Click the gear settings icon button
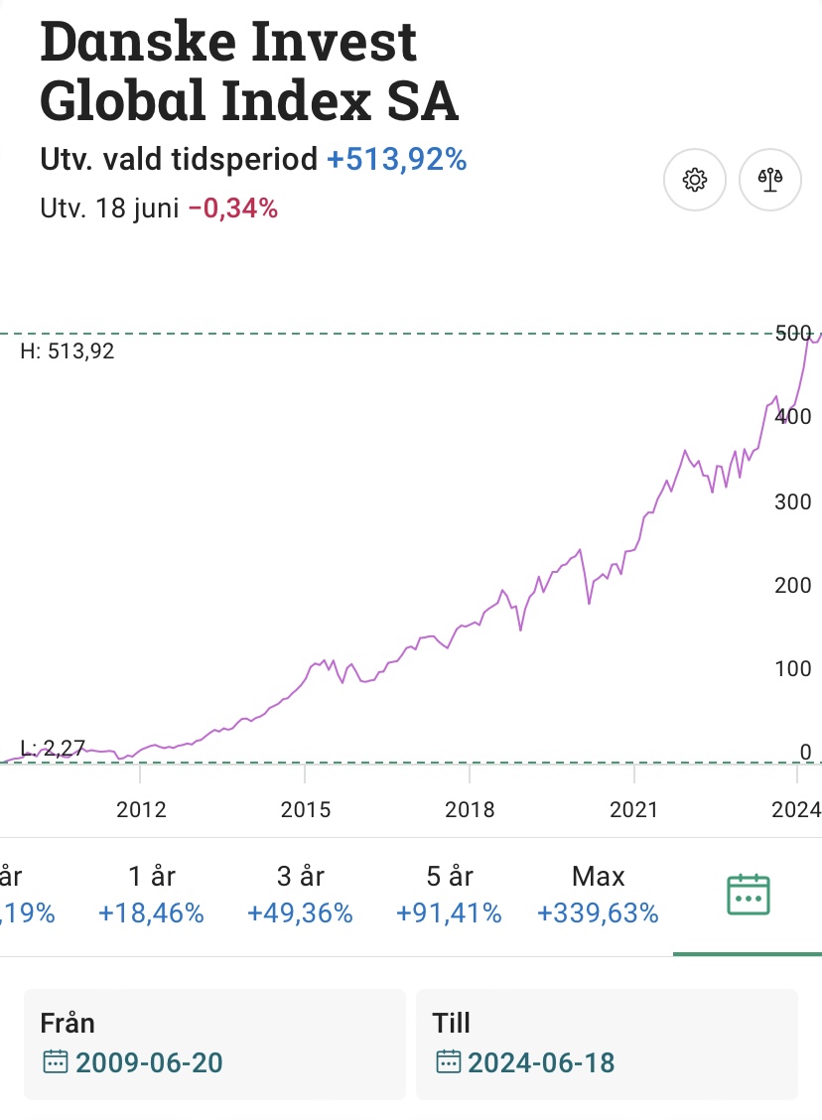pyautogui.click(x=695, y=180)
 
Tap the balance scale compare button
pyautogui.click(x=770, y=180)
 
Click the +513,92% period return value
pyautogui.click(x=397, y=159)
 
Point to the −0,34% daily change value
pyautogui.click(x=233, y=209)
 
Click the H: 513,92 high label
pyautogui.click(x=68, y=350)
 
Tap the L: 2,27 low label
pyautogui.click(x=53, y=748)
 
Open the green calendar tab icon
pyautogui.click(x=749, y=895)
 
